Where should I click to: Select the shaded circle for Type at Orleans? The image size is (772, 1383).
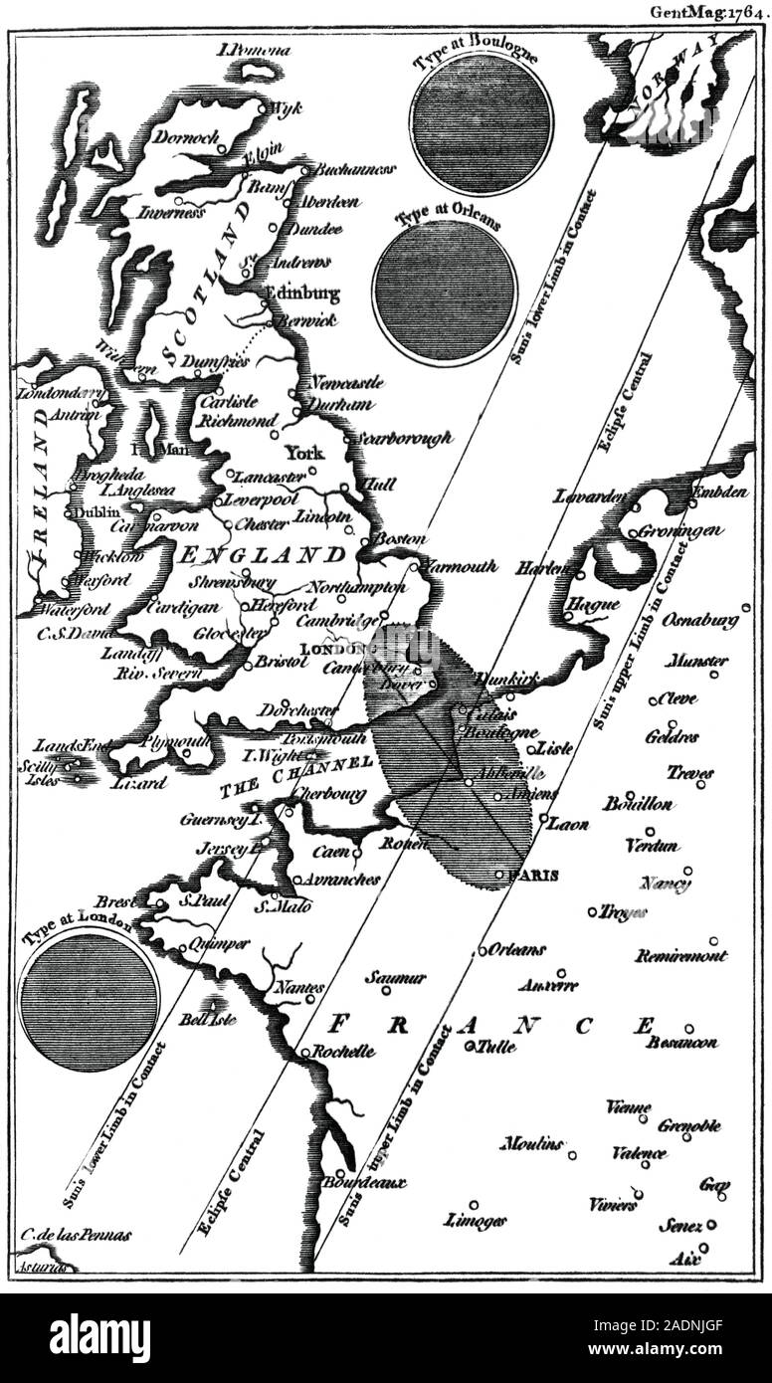tap(445, 290)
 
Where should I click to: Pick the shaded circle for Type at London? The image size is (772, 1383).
tap(90, 1001)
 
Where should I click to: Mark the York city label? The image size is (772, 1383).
tap(304, 451)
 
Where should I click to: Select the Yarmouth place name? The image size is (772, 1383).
tap(459, 566)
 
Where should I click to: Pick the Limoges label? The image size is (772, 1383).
tap(477, 1220)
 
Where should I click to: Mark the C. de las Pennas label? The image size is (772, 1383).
tap(75, 1234)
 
